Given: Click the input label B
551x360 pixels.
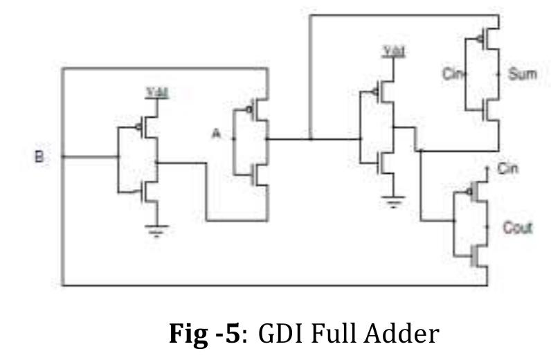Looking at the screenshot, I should (39, 157).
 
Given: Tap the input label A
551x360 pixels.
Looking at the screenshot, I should (216, 136).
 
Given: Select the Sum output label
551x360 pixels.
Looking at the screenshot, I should (522, 74).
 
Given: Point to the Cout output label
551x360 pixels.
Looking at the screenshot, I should (518, 227).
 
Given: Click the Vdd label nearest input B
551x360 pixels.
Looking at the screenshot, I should (156, 91).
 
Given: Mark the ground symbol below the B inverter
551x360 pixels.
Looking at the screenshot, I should (157, 231).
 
